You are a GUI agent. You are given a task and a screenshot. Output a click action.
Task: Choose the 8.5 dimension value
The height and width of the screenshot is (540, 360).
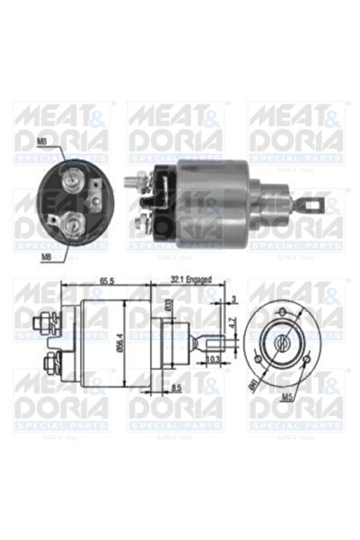point(177,387)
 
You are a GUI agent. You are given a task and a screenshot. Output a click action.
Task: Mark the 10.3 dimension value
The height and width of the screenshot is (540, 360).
point(214,359)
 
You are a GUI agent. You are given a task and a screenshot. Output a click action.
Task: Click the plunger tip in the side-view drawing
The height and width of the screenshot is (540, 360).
point(213,341)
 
